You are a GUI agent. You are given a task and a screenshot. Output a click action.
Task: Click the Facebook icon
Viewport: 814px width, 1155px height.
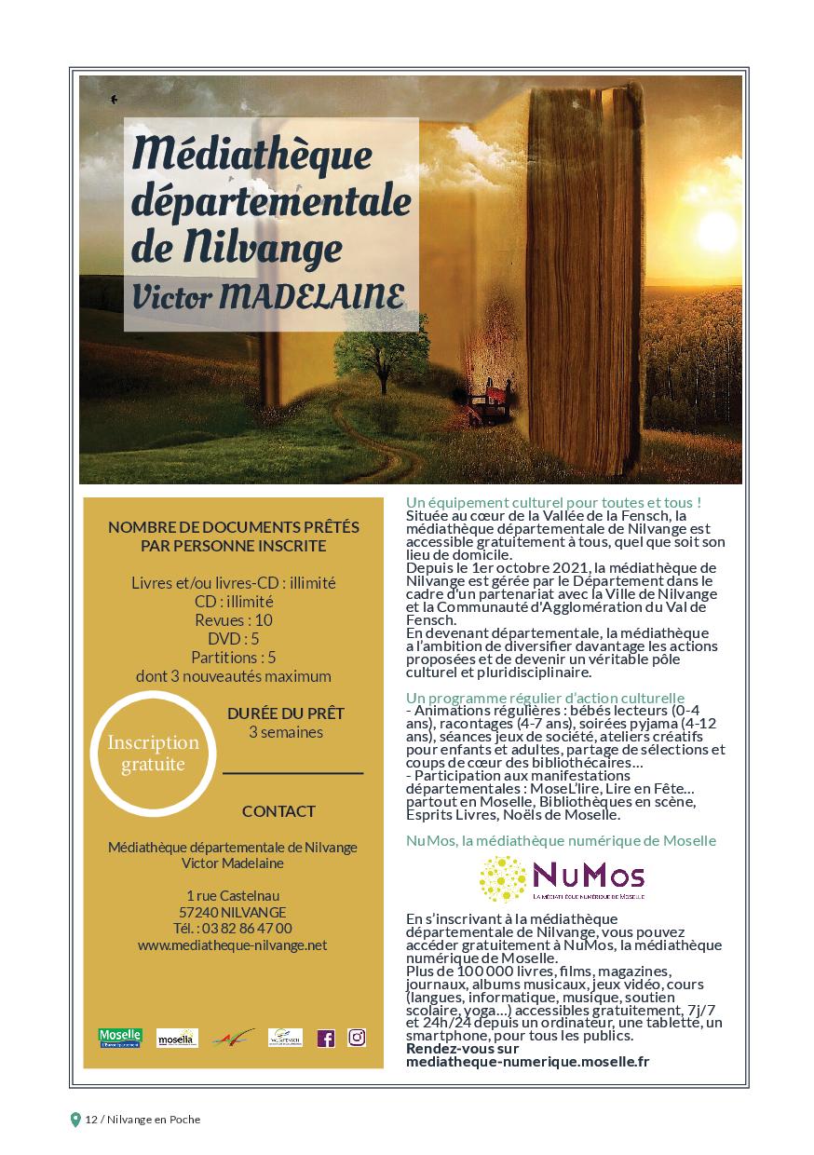[x=325, y=1038]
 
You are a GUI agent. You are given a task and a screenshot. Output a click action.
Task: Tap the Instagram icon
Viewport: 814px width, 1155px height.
[x=357, y=1037]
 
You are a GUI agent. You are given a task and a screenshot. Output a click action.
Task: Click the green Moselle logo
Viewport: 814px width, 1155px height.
[x=120, y=1038]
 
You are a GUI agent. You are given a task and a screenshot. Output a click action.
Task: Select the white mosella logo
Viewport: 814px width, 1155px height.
[x=177, y=1038]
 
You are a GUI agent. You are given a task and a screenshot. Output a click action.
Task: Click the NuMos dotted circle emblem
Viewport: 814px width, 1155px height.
[x=502, y=878]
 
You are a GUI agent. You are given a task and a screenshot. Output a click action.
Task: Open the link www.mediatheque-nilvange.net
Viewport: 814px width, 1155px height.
[x=233, y=944]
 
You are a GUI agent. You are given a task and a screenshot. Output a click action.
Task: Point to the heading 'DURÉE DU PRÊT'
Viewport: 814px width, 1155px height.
[x=286, y=713]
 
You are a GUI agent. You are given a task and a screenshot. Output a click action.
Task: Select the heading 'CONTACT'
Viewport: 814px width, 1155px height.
[x=278, y=811]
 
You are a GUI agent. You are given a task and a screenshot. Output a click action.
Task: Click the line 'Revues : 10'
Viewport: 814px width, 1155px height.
[x=234, y=620]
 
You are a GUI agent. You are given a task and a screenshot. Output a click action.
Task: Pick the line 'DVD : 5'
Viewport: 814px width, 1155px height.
[x=234, y=639]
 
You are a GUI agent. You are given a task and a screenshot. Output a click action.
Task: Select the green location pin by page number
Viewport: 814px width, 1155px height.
[x=75, y=1120]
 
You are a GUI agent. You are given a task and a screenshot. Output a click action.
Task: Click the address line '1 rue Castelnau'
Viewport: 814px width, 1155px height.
[x=233, y=895]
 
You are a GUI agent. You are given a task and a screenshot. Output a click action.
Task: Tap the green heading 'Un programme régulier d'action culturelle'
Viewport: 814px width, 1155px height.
[x=545, y=698]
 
